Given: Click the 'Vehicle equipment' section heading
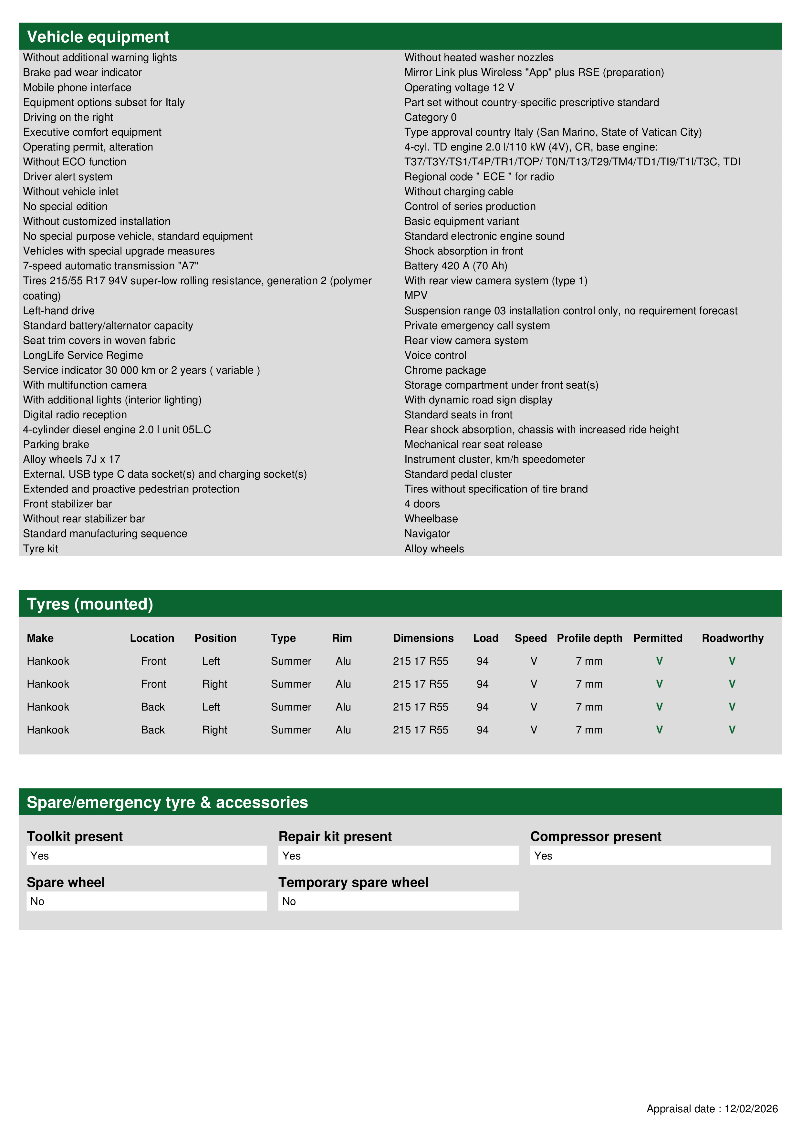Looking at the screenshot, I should click(x=98, y=37).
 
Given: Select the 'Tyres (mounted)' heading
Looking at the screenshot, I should click(x=90, y=604).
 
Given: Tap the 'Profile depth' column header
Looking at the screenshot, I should click(x=589, y=638).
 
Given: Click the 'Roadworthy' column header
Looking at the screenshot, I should click(x=733, y=638).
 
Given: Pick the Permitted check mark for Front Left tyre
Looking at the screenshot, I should click(x=659, y=661).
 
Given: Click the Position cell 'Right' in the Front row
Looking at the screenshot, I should click(x=215, y=684).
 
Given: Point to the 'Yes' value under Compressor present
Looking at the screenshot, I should click(x=543, y=856).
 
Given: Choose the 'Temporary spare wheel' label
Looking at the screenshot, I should click(x=353, y=882).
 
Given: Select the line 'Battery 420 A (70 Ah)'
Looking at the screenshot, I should click(x=455, y=266).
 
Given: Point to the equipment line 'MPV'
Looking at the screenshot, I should click(x=416, y=296).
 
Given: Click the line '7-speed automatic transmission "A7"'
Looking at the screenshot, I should click(x=110, y=266).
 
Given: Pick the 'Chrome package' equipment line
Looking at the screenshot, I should click(x=445, y=370).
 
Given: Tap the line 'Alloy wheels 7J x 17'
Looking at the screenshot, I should click(x=72, y=459).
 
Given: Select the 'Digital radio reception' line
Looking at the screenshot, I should click(x=75, y=415).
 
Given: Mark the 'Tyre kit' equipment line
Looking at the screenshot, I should click(x=40, y=549).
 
